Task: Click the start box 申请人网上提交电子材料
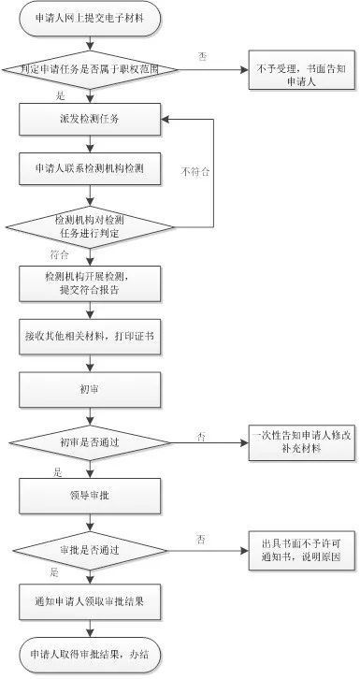[x=90, y=18]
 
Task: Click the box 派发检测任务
[x=90, y=119]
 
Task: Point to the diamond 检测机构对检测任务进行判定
[x=90, y=225]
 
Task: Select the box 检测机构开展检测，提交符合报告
[x=90, y=283]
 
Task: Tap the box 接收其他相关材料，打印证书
[x=90, y=335]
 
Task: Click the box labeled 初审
[x=90, y=386]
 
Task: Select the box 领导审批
[x=90, y=493]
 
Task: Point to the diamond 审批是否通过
[x=90, y=545]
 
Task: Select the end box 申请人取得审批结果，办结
[x=90, y=651]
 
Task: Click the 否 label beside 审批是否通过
[x=201, y=538]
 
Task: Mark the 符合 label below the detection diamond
[x=59, y=254]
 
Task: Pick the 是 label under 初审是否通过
[x=58, y=470]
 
